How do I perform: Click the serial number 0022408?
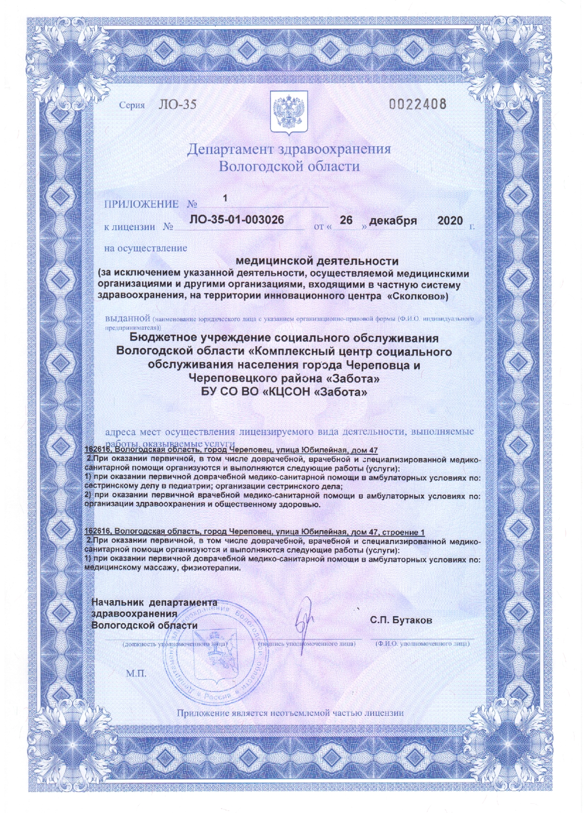click(417, 103)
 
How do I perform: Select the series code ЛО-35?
click(177, 104)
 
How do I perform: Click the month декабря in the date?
click(393, 221)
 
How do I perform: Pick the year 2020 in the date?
click(450, 221)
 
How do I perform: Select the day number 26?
click(346, 220)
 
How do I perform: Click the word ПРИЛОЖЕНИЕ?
click(141, 204)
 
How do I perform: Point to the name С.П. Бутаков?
click(401, 620)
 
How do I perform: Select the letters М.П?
click(136, 674)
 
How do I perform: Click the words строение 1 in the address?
click(403, 532)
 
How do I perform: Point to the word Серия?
click(132, 105)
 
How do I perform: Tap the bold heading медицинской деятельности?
click(317, 261)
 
